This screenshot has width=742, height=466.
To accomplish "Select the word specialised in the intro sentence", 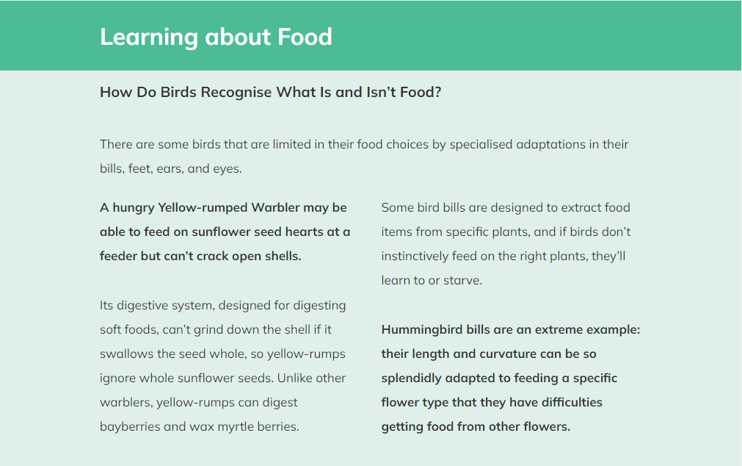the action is coord(481,145).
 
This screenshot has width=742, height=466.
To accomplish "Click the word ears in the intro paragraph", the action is coord(171,169).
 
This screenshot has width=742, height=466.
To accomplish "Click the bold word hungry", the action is coord(134,208).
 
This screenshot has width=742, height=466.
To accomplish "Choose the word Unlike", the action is coord(292,379).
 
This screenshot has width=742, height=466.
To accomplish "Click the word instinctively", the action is coord(415,257).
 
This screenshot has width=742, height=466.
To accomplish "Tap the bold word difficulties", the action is coord(572,403).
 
